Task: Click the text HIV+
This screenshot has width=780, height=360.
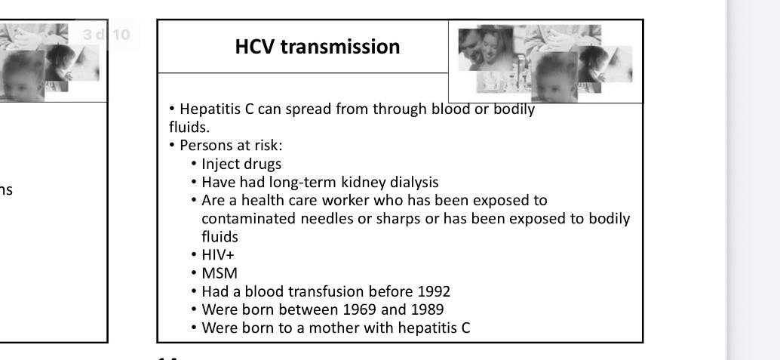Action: [218, 255]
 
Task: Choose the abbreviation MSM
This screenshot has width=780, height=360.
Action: [220, 273]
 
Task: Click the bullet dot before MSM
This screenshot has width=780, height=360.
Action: [194, 273]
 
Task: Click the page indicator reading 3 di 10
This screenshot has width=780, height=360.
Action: [106, 35]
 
